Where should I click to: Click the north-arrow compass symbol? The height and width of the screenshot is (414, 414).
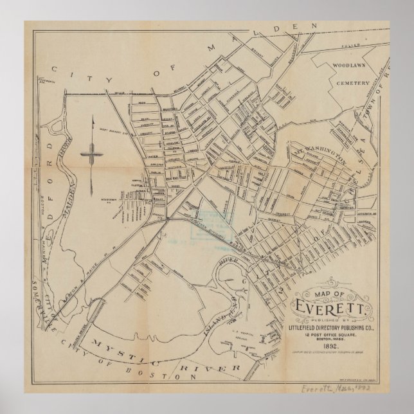click(93, 154)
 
